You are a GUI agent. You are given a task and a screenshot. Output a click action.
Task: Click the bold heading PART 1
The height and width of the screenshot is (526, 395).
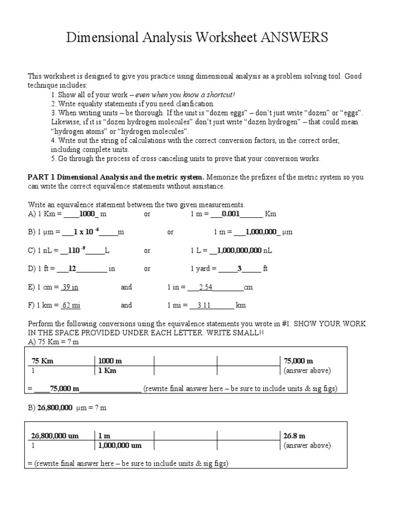[x=42, y=177]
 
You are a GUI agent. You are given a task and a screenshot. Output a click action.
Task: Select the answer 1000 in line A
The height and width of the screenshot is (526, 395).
[x=87, y=214]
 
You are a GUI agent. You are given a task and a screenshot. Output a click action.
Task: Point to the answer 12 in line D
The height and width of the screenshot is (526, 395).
[x=72, y=268]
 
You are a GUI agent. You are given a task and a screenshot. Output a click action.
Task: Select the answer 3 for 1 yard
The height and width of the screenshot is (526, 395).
[x=239, y=268]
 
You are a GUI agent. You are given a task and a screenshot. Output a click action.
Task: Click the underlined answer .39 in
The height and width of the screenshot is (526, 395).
[x=70, y=287]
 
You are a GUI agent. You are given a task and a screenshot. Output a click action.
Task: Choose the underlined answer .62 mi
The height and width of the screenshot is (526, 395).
[x=70, y=305]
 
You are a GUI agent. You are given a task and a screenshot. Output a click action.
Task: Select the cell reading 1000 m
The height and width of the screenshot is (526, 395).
[x=110, y=361]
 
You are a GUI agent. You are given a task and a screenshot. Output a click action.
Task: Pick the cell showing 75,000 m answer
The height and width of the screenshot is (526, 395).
[x=298, y=361]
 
